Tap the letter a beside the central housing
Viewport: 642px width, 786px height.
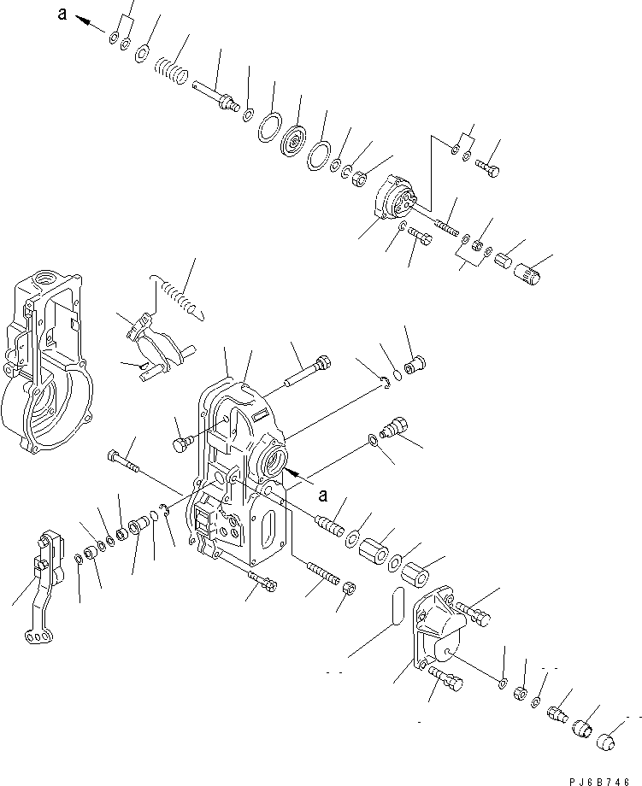click(322, 495)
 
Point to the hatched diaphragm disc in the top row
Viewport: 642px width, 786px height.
click(299, 138)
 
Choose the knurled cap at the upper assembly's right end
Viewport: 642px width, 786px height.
click(527, 273)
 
